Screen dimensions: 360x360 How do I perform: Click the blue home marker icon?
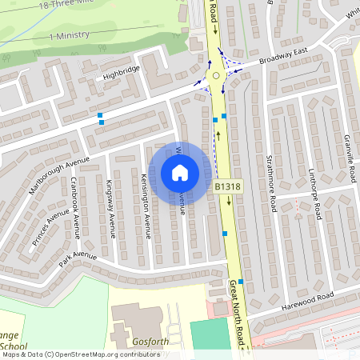(x=180, y=172)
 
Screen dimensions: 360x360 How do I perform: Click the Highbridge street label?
(x=120, y=73)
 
